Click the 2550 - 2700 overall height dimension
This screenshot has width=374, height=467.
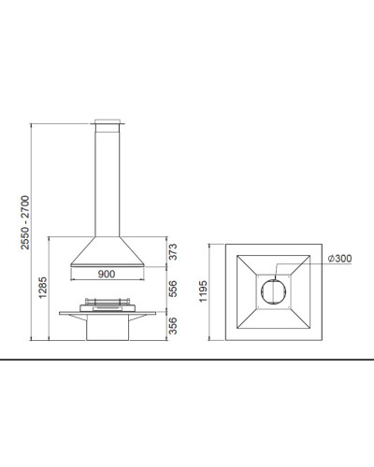pos(25,222)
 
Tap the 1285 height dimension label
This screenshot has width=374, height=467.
pos(43,288)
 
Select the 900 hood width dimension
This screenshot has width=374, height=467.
pos(107,274)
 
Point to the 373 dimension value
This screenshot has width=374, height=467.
pos(172,251)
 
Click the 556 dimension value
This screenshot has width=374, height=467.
pos(172,289)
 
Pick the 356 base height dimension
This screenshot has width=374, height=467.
pos(172,326)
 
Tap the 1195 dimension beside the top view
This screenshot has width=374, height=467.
pos(203,291)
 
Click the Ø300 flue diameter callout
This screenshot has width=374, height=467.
pos(339,259)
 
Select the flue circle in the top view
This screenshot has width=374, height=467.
pos(273,280)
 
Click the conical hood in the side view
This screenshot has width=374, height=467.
pos(108,251)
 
